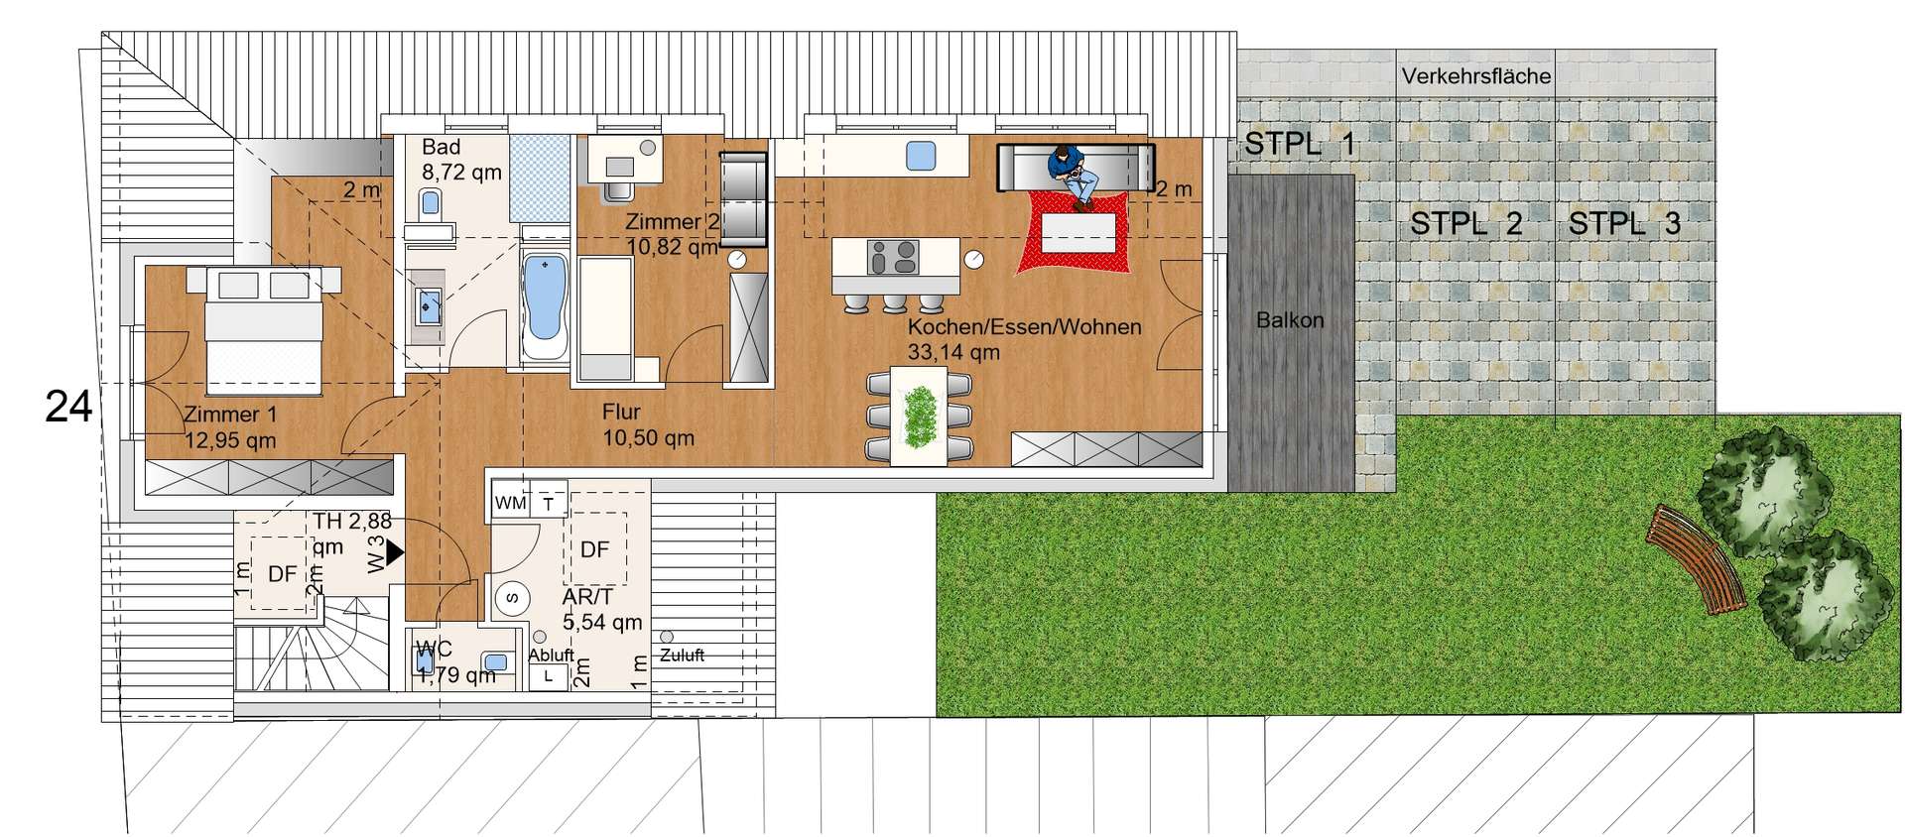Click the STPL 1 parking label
1300,144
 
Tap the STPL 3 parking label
1624,224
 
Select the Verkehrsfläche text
1475,75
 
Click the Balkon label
1290,320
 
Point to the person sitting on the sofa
1071,177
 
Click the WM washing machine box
511,503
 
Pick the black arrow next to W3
395,552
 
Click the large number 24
68,407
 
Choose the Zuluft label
682,655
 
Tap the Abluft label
551,655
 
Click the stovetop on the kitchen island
893,257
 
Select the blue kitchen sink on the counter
922,156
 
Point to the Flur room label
621,412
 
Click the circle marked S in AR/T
512,598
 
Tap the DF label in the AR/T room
594,549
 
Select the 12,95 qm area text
230,440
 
